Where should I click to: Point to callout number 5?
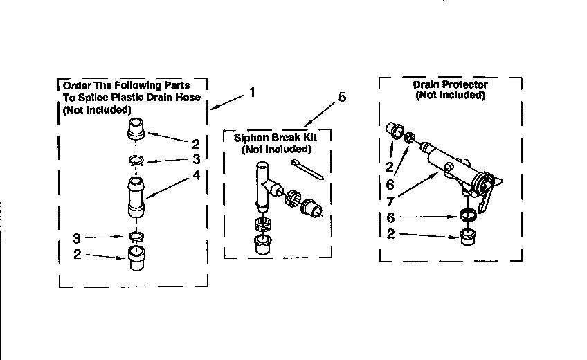pos(342,97)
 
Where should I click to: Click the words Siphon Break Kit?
pos(276,138)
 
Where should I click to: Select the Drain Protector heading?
pos(450,84)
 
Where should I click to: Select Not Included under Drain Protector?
pos(450,96)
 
